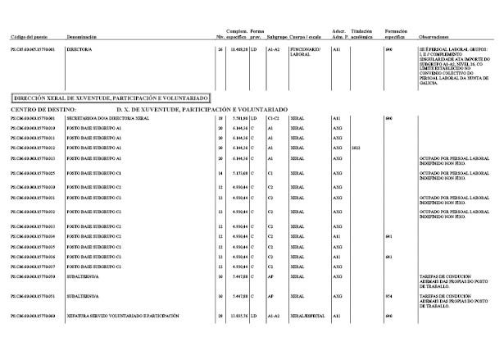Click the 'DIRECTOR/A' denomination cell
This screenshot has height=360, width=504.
point(79,50)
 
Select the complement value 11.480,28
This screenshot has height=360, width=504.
point(237,50)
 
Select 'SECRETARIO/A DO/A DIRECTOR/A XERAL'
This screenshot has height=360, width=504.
point(109,119)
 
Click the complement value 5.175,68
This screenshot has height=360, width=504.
point(237,173)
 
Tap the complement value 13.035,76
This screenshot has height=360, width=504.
point(236,316)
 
